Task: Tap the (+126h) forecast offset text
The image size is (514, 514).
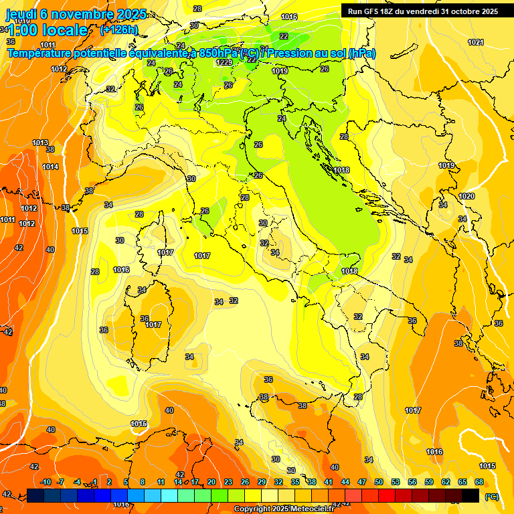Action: [x=118, y=30]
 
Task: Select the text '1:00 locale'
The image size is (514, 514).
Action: [x=48, y=30]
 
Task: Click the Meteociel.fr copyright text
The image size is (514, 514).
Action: [x=284, y=509]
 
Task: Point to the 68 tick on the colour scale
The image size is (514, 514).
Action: [x=479, y=482]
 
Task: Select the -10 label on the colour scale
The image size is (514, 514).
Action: [x=46, y=482]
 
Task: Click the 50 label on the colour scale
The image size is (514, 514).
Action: [x=379, y=482]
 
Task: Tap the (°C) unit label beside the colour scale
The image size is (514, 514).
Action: [x=491, y=496]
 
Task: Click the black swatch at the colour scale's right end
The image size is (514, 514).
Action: [x=471, y=495]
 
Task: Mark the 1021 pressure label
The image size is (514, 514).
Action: [x=476, y=42]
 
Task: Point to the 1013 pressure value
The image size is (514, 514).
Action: [x=40, y=143]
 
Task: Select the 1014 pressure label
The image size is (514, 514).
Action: [x=50, y=167]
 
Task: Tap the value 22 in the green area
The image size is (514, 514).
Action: [x=284, y=36]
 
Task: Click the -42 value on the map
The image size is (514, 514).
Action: [x=7, y=332]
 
